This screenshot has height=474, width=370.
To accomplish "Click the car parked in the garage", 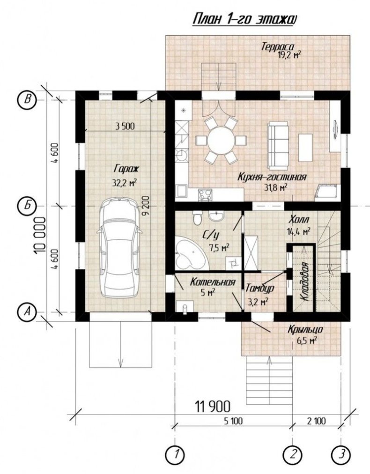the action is point(119,248).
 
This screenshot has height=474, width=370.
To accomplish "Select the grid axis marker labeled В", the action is point(27,100).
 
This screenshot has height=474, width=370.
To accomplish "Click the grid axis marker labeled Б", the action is point(27,206).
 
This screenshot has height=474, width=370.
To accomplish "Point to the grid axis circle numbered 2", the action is point(292,453).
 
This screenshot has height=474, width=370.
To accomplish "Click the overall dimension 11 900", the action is point(213,407).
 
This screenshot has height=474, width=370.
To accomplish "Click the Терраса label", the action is point(278,47).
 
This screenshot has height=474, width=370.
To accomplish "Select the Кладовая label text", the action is point(305,281).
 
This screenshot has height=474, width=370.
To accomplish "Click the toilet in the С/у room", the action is point(197,218).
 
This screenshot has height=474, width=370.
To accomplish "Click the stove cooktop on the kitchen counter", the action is point(205,194).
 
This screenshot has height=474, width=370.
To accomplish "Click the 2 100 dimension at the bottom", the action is point(316,421).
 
